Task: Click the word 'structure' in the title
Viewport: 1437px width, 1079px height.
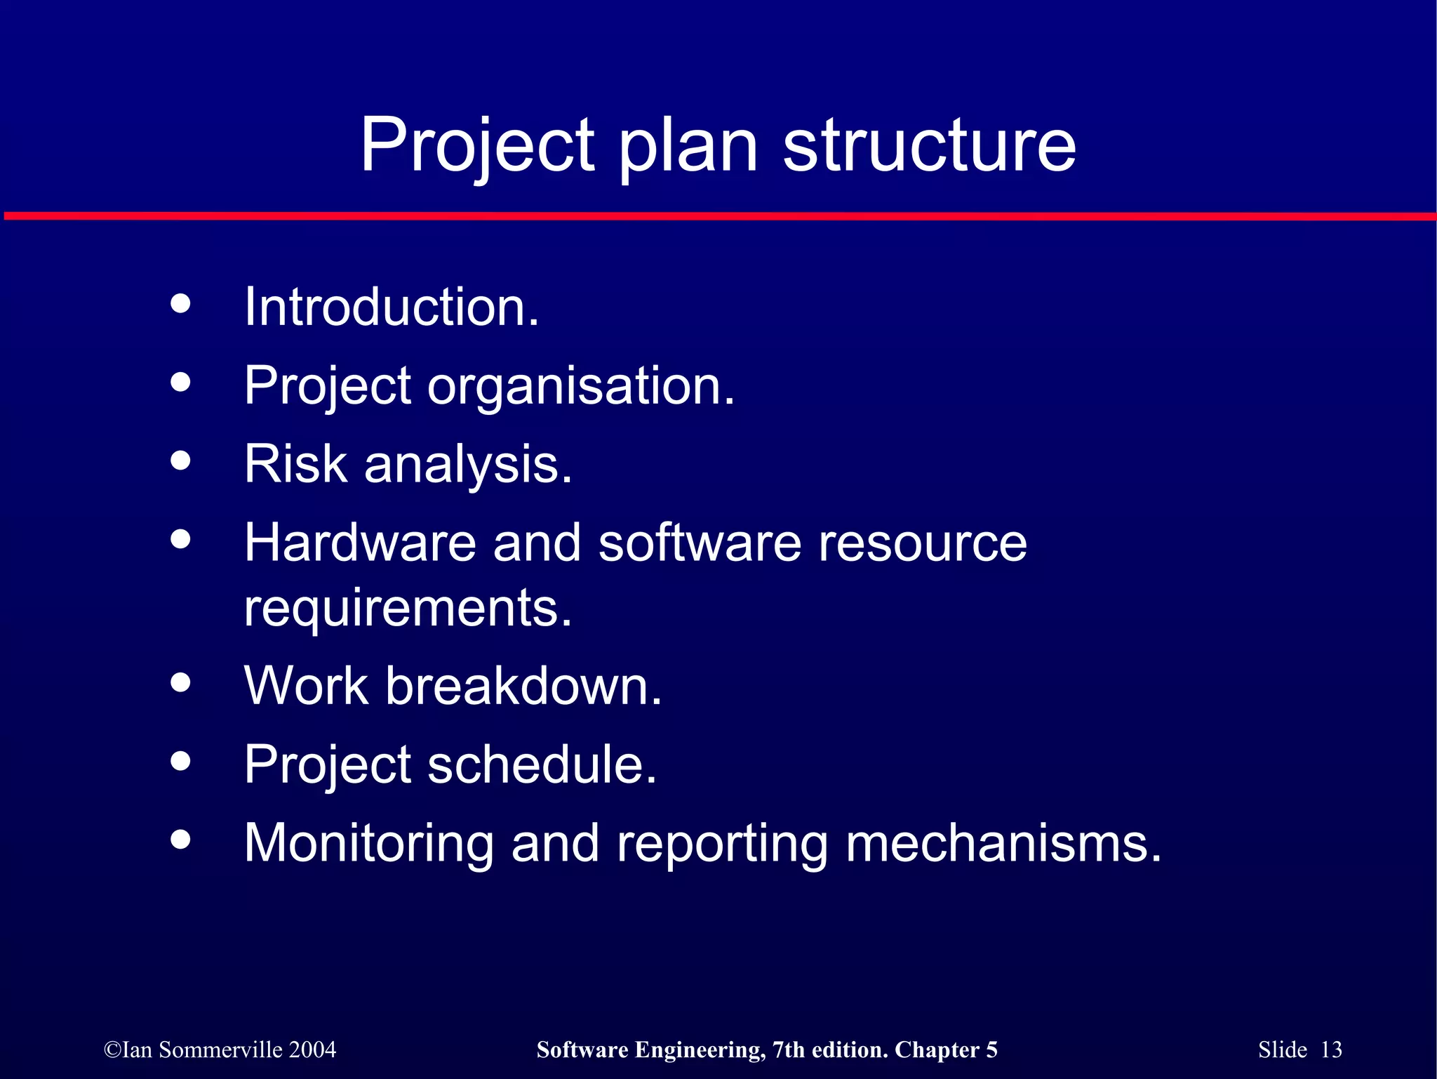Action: pyautogui.click(x=929, y=145)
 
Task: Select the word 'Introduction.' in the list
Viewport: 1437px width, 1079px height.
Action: pyautogui.click(x=392, y=307)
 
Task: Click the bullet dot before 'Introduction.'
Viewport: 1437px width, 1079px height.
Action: pyautogui.click(x=180, y=303)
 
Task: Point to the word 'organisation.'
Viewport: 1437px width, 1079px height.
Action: pyautogui.click(x=581, y=386)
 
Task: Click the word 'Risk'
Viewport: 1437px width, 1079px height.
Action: pyautogui.click(x=295, y=464)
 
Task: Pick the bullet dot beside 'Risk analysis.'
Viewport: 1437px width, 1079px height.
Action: pyautogui.click(x=180, y=461)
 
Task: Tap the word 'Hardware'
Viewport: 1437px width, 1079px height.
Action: pyautogui.click(x=360, y=543)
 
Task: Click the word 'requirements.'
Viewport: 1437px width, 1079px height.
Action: pyautogui.click(x=408, y=608)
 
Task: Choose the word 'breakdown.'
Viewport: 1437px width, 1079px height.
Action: pyautogui.click(x=523, y=686)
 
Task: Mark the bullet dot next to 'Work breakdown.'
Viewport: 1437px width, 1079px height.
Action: pyautogui.click(x=180, y=682)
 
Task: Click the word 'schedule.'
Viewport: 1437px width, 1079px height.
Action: pyautogui.click(x=542, y=764)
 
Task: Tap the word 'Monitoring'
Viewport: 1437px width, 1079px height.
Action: pyautogui.click(x=368, y=844)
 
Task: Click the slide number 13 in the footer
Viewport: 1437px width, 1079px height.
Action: pyautogui.click(x=1330, y=1050)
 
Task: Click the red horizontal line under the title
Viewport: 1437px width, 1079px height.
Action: pyautogui.click(x=718, y=216)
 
